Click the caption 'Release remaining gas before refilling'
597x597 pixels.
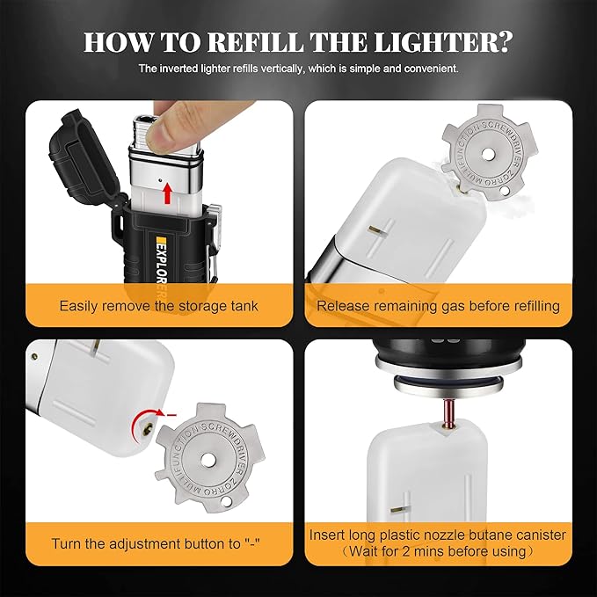point(438,306)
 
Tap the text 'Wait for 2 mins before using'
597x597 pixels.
point(438,552)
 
